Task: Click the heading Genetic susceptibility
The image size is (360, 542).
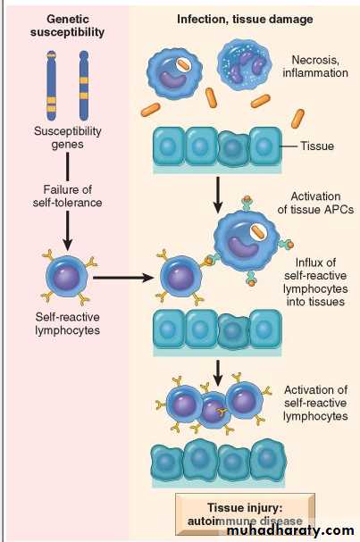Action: point(67,25)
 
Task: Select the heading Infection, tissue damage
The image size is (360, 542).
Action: point(245,19)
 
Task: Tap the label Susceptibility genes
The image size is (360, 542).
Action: point(67,138)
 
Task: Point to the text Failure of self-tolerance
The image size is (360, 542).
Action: point(67,196)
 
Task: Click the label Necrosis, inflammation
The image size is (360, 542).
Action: point(315,66)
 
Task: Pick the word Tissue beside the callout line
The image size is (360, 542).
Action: point(317,146)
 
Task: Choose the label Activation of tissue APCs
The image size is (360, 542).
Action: point(315,203)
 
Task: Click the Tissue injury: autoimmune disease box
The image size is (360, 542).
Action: point(245,514)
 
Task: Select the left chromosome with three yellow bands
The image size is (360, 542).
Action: point(52,86)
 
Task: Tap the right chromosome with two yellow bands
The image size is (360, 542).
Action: point(84,86)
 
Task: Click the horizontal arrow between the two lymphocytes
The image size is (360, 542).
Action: point(123,277)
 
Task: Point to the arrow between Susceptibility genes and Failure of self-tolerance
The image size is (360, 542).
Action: point(67,167)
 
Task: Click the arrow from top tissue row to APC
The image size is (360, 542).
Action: point(218,195)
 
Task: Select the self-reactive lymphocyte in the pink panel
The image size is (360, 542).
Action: point(67,277)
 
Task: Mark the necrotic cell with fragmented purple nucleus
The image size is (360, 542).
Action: point(245,65)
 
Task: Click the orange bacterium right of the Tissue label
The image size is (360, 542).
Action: point(297,119)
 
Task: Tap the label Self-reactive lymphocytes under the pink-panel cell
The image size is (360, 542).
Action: point(67,323)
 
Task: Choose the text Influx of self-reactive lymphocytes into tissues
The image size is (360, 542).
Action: point(315,282)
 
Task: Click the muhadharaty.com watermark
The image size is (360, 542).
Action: point(290,530)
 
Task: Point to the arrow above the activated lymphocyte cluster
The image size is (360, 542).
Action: point(218,373)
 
